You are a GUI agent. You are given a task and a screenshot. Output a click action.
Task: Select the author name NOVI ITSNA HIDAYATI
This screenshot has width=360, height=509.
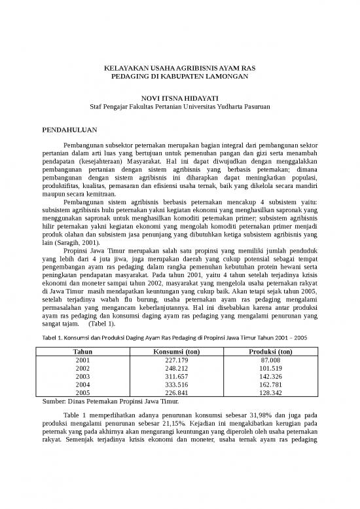179,97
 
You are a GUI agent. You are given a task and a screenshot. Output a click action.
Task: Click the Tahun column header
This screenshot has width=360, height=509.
82,352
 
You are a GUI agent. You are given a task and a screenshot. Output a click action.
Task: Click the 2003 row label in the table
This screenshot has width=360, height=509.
82,377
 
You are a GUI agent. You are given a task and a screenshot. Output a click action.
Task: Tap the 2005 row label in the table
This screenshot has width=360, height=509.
82,394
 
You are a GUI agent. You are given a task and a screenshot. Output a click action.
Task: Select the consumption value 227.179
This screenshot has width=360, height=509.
177,360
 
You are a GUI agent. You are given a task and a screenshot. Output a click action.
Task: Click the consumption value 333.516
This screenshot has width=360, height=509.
177,385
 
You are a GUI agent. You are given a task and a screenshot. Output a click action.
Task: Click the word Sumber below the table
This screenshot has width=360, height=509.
54,402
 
